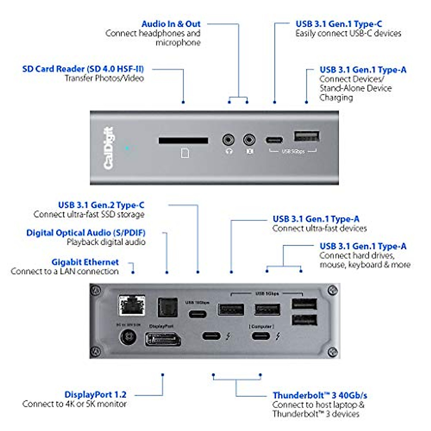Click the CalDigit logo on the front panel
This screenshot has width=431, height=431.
(108, 148)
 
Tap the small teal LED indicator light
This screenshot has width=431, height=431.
(127, 148)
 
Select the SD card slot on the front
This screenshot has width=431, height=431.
(183, 140)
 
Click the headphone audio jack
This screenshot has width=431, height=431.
(228, 139)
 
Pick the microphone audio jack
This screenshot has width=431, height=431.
(249, 139)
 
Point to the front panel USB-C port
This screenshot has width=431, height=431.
(274, 140)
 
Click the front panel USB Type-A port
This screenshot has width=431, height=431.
(306, 136)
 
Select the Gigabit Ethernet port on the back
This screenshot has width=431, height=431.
(132, 305)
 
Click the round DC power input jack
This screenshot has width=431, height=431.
(128, 337)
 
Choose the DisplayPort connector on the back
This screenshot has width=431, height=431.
(163, 339)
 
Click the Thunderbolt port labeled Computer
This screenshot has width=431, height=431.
(261, 336)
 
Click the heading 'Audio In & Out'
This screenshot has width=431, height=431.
(171, 24)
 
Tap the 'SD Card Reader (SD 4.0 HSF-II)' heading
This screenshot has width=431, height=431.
(83, 69)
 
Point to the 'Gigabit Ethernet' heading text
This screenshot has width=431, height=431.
(85, 262)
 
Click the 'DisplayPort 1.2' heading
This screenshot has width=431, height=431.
(96, 395)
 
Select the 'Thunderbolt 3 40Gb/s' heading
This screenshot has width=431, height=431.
(320, 395)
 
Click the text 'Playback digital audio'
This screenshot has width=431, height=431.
(106, 242)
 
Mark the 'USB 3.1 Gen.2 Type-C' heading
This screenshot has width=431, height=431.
(101, 205)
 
